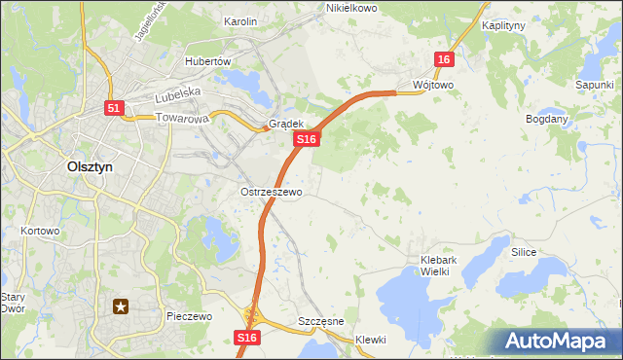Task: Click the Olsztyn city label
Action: coord(89,166)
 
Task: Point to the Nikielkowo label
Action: coord(350,8)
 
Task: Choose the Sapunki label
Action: coord(593,86)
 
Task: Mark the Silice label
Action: coord(524,251)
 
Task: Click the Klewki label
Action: coord(371,340)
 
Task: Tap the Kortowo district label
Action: coord(40,232)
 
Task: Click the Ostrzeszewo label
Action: coord(272,193)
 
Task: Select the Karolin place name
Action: coord(239,21)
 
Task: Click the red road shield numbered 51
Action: coord(115,109)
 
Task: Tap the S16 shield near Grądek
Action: coord(307,140)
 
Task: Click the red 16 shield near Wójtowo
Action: coord(444,59)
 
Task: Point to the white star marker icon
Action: coord(122,308)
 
